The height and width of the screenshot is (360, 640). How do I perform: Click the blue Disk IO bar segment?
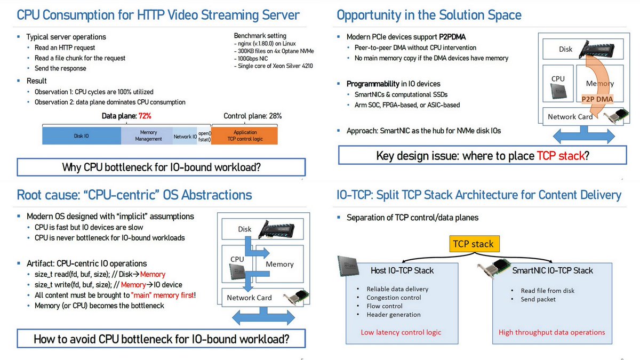pos(82,135)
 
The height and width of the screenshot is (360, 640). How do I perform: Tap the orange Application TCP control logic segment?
pos(245,135)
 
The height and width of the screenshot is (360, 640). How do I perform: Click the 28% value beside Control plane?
pos(275,116)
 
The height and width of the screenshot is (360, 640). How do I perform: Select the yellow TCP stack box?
pos(474,244)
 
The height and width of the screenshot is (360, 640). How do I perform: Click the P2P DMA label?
pos(597,98)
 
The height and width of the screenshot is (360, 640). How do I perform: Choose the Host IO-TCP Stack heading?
pos(402,270)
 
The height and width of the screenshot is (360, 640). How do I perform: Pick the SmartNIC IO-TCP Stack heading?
pos(552,270)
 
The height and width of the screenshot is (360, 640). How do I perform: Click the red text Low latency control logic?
pos(401,332)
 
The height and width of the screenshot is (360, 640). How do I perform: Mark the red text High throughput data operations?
pos(551,332)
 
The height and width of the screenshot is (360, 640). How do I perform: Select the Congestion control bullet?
pos(394,298)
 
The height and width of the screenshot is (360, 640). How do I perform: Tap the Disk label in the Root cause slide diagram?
pos(244,229)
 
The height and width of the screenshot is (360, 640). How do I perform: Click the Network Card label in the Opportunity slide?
pos(570,116)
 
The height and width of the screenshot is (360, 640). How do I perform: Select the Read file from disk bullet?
pos(548,291)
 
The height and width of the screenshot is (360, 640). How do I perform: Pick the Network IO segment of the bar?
pos(185,137)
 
